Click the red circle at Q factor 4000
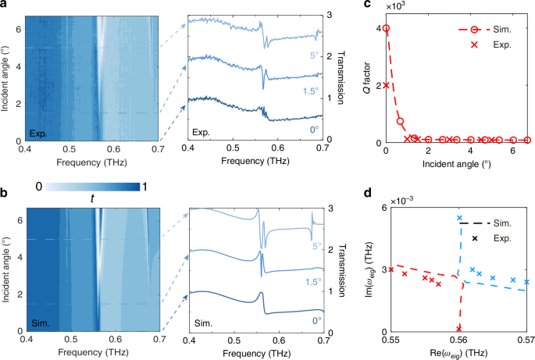[387, 29]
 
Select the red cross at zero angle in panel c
[387, 85]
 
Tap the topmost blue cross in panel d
[460, 218]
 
